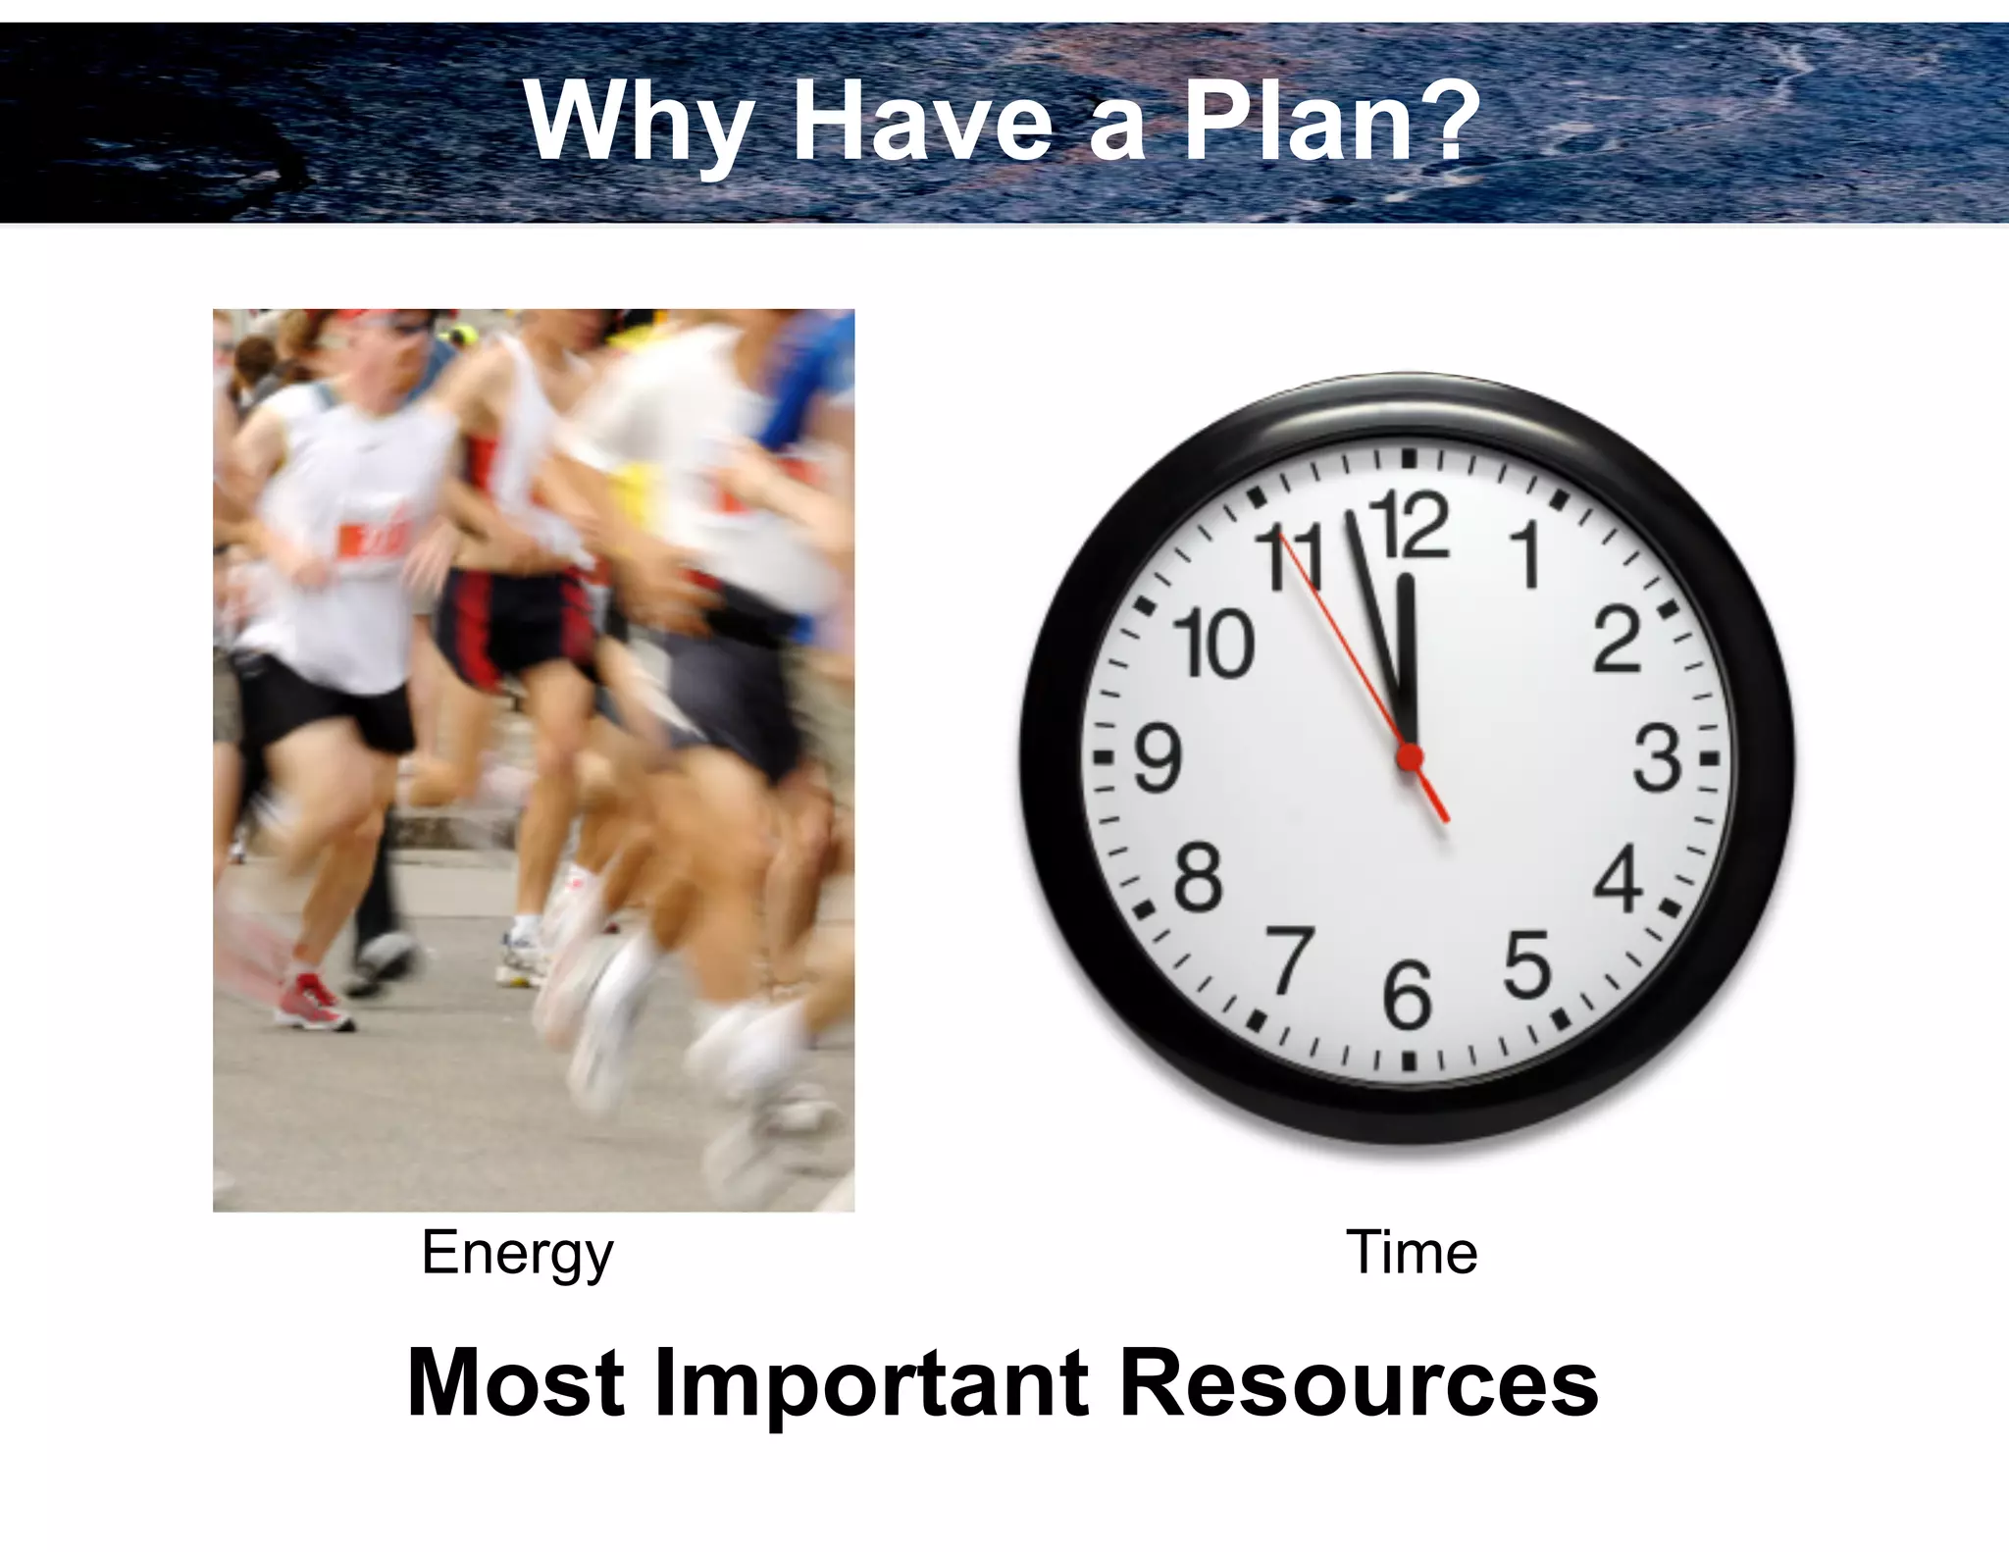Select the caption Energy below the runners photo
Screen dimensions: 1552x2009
click(517, 1255)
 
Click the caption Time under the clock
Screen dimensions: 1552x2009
click(1412, 1253)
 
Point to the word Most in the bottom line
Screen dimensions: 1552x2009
click(516, 1382)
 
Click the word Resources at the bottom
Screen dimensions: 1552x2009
click(1360, 1382)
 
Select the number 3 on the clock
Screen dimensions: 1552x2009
click(1657, 758)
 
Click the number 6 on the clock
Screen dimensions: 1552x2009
click(1408, 996)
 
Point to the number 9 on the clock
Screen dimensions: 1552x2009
click(1159, 758)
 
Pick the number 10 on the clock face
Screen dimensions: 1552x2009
click(1215, 643)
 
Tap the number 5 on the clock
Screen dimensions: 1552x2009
click(1527, 964)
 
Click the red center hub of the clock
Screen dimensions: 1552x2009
click(1410, 757)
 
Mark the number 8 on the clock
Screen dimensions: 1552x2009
click(1199, 878)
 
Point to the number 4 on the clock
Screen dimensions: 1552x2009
click(1618, 878)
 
